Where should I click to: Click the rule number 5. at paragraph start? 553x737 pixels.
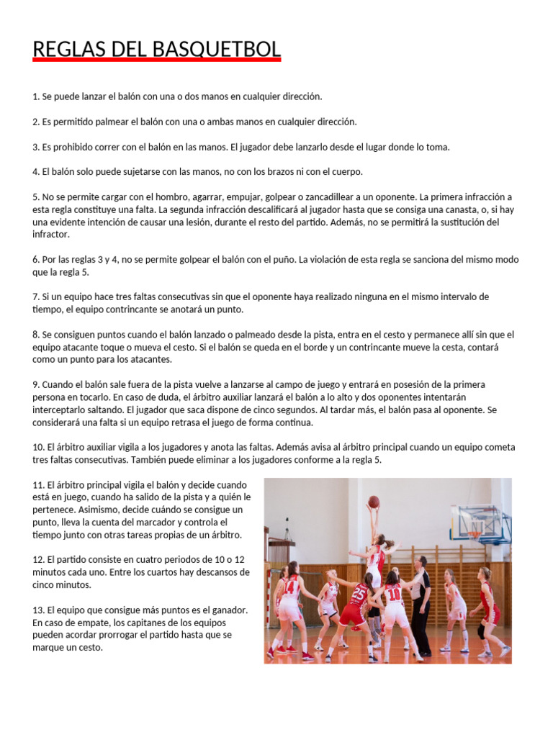(x=36, y=196)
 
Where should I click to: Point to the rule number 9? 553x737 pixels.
(x=36, y=384)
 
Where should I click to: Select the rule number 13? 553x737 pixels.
(x=39, y=610)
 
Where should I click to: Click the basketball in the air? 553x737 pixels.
(x=374, y=502)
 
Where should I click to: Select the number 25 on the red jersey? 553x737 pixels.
(x=359, y=594)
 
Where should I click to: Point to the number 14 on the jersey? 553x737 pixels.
(x=292, y=587)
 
